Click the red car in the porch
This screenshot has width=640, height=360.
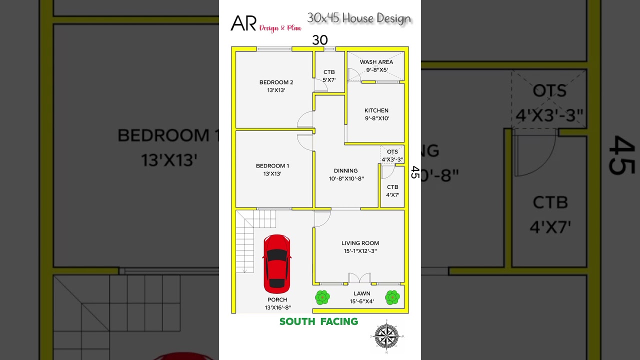pos(276,263)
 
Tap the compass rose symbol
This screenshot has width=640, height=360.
pos(386,336)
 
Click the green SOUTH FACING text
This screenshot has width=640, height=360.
pos(318,321)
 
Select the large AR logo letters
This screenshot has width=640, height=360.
pos(243,23)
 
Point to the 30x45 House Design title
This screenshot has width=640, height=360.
pos(359,18)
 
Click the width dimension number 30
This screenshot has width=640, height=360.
pos(319,40)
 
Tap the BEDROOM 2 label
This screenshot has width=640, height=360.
pos(276,82)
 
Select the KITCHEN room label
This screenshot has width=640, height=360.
pos(376,110)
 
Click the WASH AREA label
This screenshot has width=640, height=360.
pos(376,62)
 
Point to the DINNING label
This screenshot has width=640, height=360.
pos(346,170)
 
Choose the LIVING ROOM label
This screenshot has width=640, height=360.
pos(360,243)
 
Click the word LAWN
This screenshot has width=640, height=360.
pos(362,293)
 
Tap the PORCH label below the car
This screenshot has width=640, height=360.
pos(277,299)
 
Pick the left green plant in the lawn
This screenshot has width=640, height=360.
pos(322,297)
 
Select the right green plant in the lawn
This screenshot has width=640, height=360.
pos(392,297)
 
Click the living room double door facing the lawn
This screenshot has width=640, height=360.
pos(359,278)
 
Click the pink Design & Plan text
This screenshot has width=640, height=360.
pos(280,28)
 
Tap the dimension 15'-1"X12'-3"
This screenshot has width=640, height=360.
pos(360,251)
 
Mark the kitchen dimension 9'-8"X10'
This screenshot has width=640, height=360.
pos(376,118)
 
